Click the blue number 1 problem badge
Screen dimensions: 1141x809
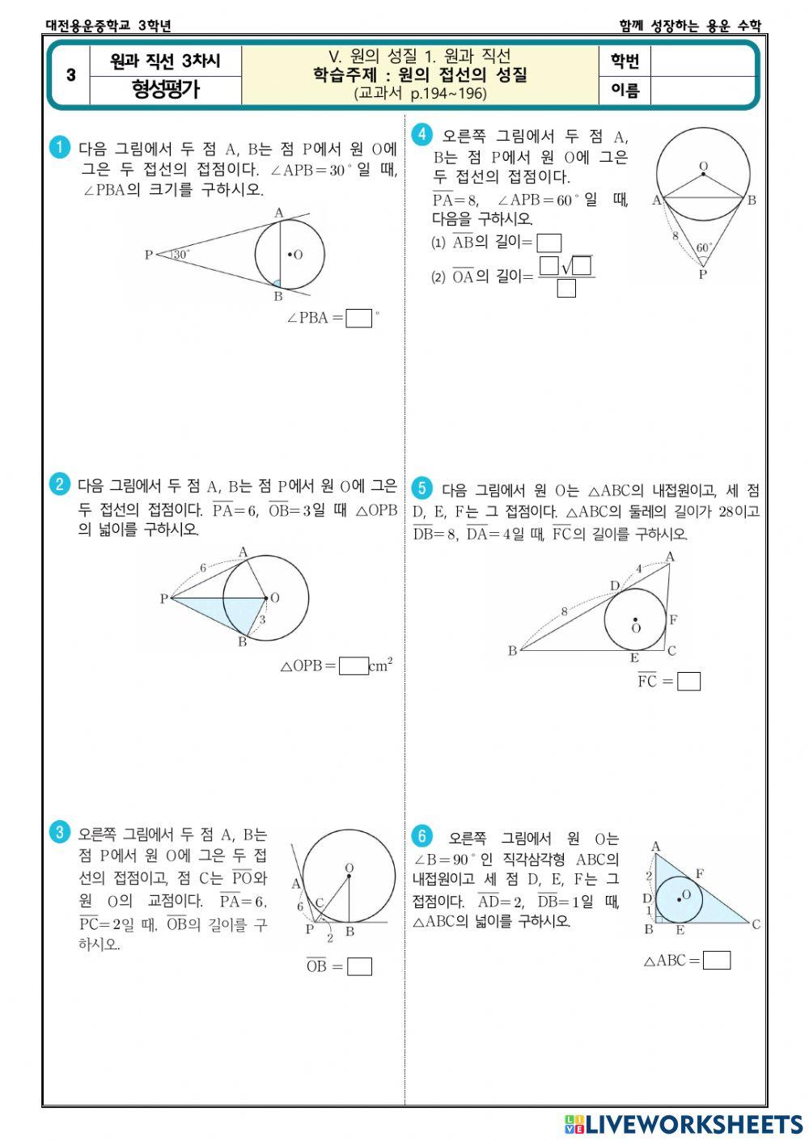59,147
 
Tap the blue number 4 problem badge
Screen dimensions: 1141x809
421,134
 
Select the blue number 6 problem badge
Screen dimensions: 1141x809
421,836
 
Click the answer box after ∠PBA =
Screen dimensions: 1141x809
358,318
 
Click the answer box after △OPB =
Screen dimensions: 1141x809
354,666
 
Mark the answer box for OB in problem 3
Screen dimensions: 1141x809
359,966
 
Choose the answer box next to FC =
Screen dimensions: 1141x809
688,682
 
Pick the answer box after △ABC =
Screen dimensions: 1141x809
717,960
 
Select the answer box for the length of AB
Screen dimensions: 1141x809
549,243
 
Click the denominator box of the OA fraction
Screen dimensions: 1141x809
566,288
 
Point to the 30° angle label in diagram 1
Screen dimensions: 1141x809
180,254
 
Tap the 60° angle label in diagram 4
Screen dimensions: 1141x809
705,247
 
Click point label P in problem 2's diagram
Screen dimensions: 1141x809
163,599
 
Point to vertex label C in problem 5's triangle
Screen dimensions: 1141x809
671,650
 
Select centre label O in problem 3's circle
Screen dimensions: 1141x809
349,868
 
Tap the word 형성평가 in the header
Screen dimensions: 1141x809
166,89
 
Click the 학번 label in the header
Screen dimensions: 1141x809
625,61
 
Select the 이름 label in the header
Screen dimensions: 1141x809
625,91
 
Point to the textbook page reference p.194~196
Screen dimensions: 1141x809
420,93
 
